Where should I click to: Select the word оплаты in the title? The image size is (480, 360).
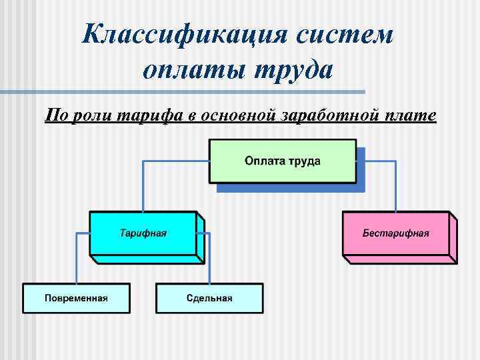click(193, 69)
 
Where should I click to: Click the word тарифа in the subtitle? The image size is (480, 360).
click(150, 116)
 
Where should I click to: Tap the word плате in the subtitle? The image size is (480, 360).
click(411, 116)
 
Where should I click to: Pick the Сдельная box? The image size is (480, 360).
click(209, 297)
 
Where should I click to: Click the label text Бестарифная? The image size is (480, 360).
click(395, 233)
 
